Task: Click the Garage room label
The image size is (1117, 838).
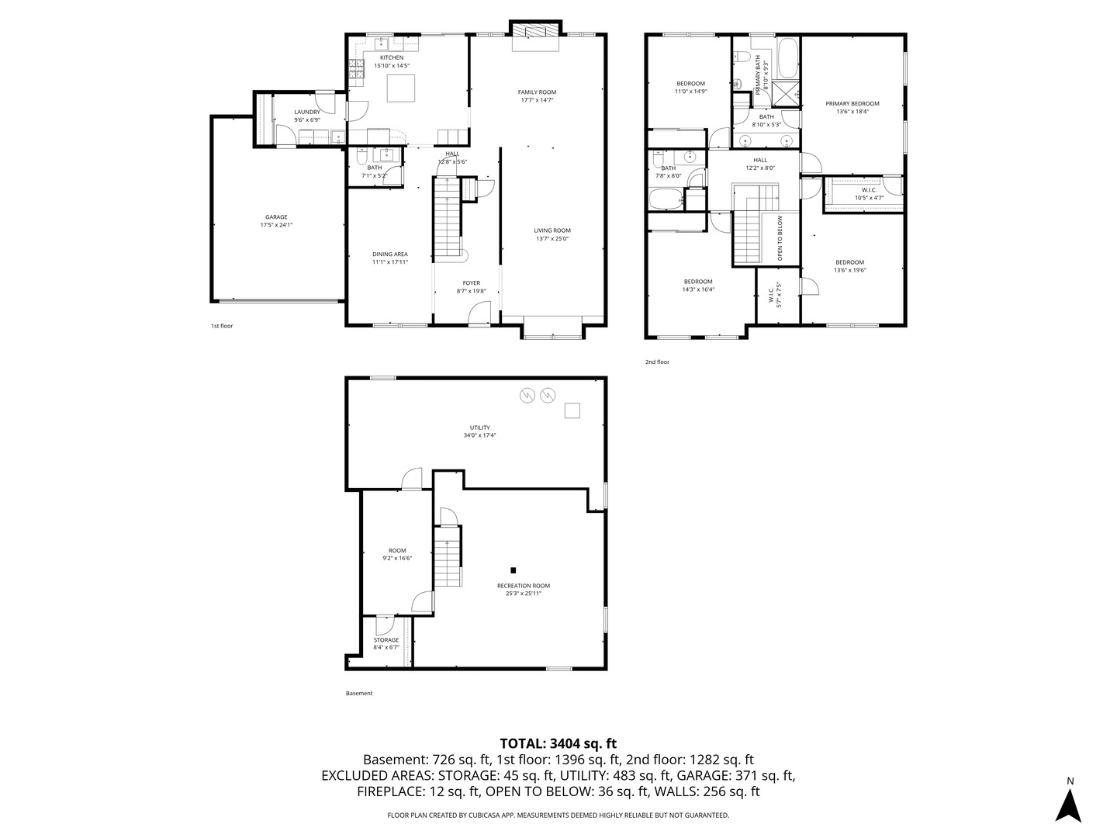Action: click(x=276, y=217)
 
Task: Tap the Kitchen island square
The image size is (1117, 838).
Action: click(x=402, y=88)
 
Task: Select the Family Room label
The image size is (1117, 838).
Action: click(x=537, y=92)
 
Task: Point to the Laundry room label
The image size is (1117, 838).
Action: click(x=307, y=113)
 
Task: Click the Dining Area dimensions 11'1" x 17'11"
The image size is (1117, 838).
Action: click(x=389, y=262)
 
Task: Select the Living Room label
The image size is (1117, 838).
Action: click(x=552, y=230)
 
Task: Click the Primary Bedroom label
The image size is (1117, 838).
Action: click(x=852, y=104)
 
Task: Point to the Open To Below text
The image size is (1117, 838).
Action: click(x=780, y=237)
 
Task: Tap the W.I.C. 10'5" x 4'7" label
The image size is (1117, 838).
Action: click(x=869, y=194)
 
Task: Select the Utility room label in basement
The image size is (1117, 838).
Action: click(x=479, y=428)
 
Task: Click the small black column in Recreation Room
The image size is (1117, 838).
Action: click(x=513, y=569)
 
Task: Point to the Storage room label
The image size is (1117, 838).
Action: click(x=386, y=640)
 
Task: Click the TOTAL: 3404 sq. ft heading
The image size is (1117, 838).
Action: click(x=558, y=743)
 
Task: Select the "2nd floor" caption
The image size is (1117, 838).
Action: click(x=657, y=362)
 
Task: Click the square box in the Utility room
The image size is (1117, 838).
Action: click(x=572, y=410)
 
